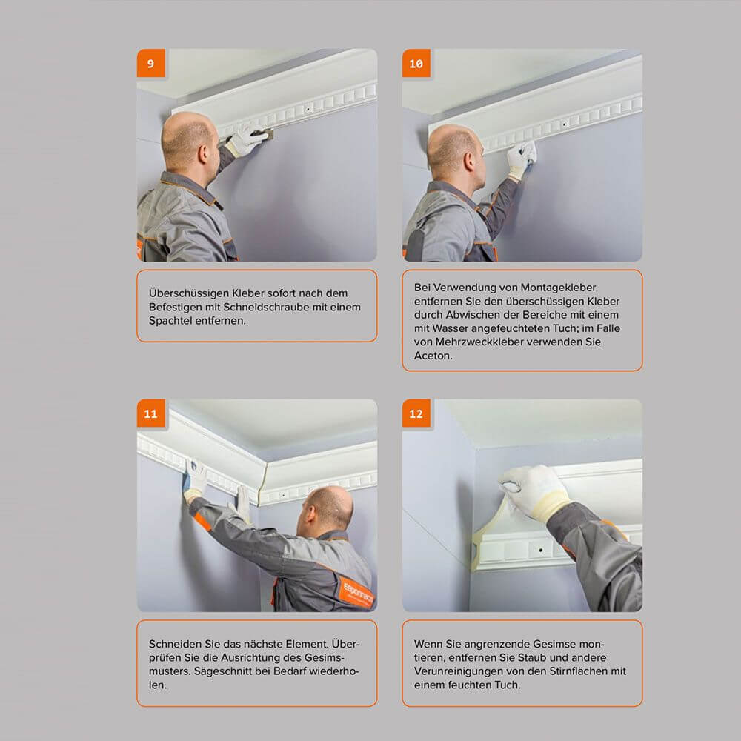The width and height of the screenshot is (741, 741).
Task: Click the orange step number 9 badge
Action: click(150, 64)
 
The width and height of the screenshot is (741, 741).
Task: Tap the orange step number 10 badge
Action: click(416, 64)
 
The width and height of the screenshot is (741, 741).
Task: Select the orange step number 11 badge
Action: click(150, 413)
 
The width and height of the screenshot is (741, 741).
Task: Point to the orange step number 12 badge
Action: click(416, 413)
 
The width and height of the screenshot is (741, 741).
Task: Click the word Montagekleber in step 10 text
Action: click(557, 287)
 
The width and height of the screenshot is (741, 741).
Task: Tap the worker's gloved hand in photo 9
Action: click(245, 140)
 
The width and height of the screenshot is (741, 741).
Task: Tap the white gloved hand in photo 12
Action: click(534, 491)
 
